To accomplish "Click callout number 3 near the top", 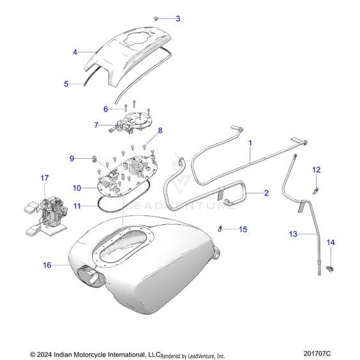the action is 178,19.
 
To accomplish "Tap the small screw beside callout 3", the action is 156,18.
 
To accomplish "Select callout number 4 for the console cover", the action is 75,52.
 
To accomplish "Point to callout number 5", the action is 66,84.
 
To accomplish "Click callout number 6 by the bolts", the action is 106,109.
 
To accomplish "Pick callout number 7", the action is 97,125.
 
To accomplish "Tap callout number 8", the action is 160,131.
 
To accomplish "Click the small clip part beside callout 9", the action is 95,158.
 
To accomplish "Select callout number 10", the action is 77,188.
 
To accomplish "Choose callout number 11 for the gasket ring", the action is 77,206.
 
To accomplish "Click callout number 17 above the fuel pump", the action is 45,178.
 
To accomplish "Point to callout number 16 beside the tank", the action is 47,265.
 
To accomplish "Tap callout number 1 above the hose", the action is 250,143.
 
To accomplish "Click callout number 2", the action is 266,193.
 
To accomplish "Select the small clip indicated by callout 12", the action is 316,190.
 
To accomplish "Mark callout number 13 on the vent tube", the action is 293,234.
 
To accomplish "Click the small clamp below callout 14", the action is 330,268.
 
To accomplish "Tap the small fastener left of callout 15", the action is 220,229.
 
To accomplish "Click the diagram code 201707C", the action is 317,353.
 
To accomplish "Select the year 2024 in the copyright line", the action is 44,354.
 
